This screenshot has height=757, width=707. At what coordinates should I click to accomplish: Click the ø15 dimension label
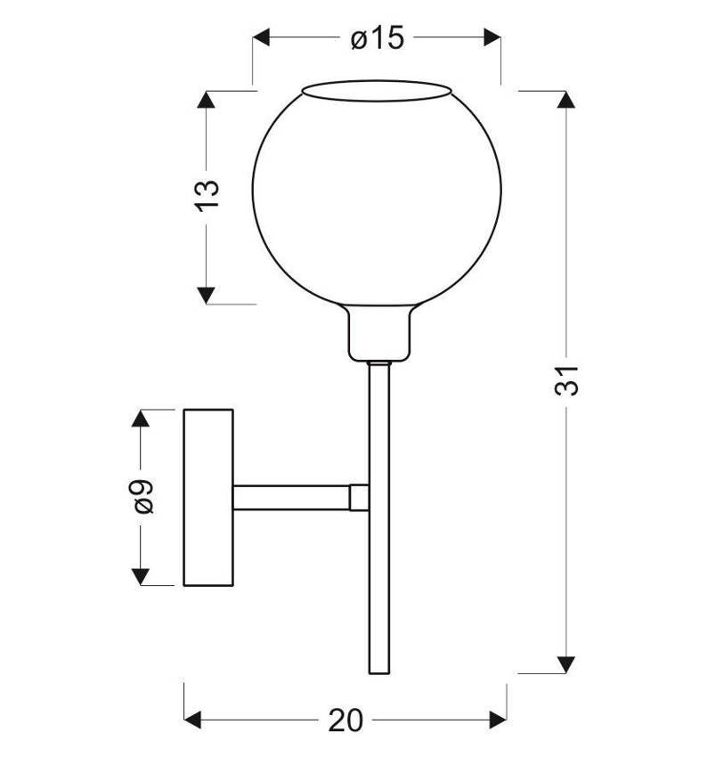[377, 38]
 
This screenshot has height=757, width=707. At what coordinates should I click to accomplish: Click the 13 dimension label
[206, 195]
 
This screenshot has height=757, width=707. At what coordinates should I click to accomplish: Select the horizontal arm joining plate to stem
[292, 497]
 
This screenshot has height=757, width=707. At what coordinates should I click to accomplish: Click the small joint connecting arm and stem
[360, 497]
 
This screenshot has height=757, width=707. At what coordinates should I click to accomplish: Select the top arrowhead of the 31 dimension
[565, 101]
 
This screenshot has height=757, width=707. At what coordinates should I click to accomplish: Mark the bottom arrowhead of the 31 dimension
[565, 663]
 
